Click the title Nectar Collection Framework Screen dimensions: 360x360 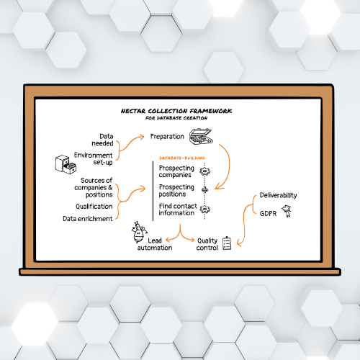tap(176, 111)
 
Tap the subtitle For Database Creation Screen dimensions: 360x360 tap(176, 118)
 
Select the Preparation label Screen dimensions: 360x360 tap(167, 137)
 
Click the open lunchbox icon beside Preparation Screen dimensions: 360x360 tap(201, 136)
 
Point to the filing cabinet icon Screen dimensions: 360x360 tap(66, 164)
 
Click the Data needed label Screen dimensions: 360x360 tap(102, 140)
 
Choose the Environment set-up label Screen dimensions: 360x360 tap(93, 158)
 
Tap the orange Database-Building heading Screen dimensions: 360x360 tap(182, 158)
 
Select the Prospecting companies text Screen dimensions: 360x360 tap(176, 171)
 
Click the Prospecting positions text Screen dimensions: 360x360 tap(176, 190)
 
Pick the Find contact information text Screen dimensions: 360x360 tap(178, 210)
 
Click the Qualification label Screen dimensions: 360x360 tap(94, 207)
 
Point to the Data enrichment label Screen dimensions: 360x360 tap(88, 219)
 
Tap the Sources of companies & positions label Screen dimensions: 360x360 tap(94, 187)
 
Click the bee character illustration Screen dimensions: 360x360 tap(139, 233)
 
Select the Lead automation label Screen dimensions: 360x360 tap(155, 244)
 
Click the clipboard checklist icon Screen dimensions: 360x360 tap(227, 243)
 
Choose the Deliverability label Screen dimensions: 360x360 tap(278, 195)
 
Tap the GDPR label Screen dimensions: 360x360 tap(268, 213)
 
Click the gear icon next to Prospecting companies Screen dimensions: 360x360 tap(204, 171)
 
